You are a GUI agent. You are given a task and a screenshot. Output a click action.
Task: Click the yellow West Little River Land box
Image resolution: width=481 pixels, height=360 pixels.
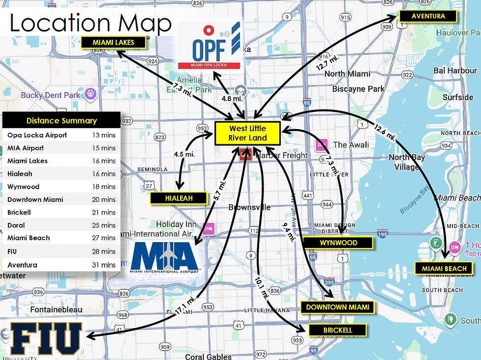point(248,133)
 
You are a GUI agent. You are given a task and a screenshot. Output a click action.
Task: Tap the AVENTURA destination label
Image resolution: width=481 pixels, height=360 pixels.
point(428,16)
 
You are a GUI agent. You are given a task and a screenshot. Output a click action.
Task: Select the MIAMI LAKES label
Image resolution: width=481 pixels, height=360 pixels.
point(113,42)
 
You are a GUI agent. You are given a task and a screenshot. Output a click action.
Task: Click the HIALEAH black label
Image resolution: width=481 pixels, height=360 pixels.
point(179,198)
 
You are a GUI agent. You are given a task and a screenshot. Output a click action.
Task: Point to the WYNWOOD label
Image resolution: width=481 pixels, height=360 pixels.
point(338,242)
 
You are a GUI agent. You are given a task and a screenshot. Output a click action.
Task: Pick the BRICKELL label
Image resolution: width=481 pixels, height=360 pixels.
point(338,330)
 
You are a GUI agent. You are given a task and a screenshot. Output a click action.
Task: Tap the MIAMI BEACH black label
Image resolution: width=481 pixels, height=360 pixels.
point(444,268)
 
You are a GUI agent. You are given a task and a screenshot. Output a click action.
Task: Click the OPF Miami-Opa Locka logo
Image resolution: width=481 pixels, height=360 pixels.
point(210,45)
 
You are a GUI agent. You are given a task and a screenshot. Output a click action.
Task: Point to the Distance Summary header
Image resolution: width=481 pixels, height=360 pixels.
point(61,121)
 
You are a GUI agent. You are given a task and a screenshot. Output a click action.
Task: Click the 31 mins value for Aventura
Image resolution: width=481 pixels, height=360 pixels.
point(105,265)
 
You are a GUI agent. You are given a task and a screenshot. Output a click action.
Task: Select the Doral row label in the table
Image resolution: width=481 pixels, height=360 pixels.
point(16,225)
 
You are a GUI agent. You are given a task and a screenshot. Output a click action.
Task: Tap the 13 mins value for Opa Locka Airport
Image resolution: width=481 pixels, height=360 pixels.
point(105,135)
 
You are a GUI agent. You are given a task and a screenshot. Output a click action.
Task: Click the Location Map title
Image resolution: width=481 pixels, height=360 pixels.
point(91,23)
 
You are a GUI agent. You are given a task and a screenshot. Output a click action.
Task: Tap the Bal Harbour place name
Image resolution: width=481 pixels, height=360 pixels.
point(455,70)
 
